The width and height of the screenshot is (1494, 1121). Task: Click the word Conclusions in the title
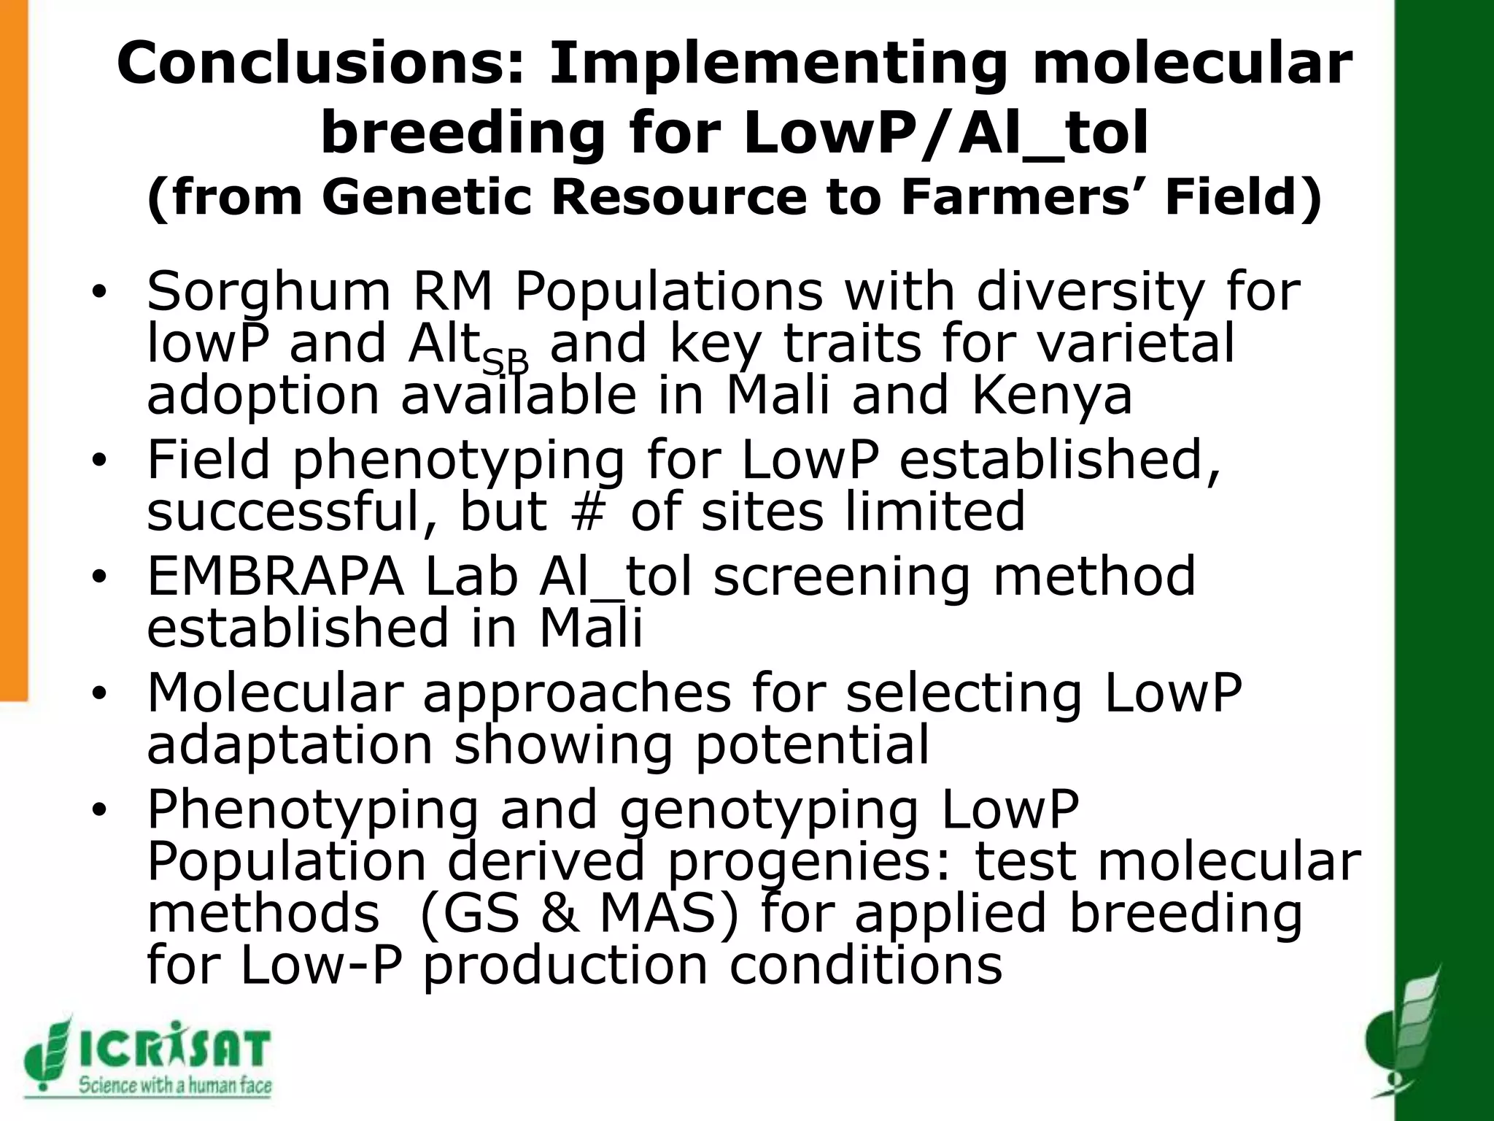320,64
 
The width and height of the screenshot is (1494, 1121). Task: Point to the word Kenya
1051,395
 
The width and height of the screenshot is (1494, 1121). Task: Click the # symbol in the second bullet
589,512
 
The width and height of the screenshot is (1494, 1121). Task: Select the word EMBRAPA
275,577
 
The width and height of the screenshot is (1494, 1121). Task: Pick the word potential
813,745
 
